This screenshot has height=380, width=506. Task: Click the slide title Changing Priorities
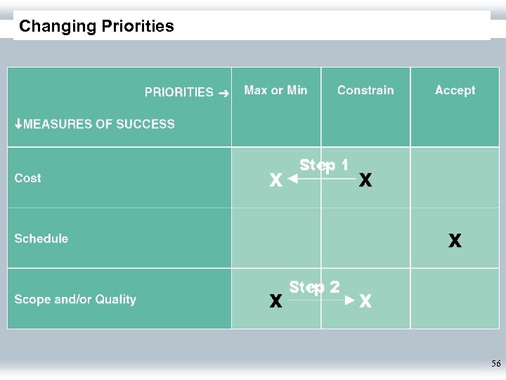pyautogui.click(x=96, y=27)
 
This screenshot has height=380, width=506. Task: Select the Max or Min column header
pyautogui.click(x=275, y=90)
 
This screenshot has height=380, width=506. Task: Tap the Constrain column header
pyautogui.click(x=365, y=90)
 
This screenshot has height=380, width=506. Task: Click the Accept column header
pyautogui.click(x=455, y=90)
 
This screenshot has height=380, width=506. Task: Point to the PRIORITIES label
pyautogui.click(x=179, y=91)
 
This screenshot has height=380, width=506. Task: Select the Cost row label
pyautogui.click(x=28, y=178)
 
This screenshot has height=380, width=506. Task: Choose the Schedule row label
pyautogui.click(x=41, y=239)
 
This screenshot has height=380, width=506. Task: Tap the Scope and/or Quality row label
pyautogui.click(x=75, y=299)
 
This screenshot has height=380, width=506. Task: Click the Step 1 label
pyautogui.click(x=324, y=165)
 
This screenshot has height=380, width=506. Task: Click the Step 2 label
pyautogui.click(x=315, y=286)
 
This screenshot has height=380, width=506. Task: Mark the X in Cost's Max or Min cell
pyautogui.click(x=276, y=181)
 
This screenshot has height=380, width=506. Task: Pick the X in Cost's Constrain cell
pyautogui.click(x=365, y=181)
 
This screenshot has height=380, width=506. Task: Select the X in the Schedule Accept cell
pyautogui.click(x=455, y=241)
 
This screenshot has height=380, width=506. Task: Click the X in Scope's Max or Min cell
pyautogui.click(x=276, y=302)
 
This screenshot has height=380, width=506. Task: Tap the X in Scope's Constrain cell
pyautogui.click(x=365, y=302)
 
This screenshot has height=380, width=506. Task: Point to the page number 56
pyautogui.click(x=496, y=364)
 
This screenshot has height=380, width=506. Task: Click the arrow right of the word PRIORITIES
pyautogui.click(x=223, y=92)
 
